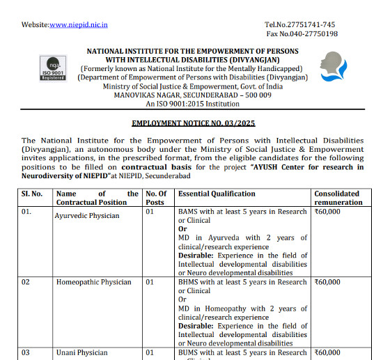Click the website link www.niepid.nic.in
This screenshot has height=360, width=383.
point(78,25)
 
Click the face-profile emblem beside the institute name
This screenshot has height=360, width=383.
point(335,68)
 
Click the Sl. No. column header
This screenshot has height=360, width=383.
point(32,194)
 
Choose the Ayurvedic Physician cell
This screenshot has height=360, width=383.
point(87,216)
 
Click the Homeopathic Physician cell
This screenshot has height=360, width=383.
point(93,282)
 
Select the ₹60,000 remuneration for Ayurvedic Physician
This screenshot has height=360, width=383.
point(327,212)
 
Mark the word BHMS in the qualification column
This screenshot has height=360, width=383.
point(189,282)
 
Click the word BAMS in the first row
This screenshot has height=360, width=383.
point(189,212)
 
